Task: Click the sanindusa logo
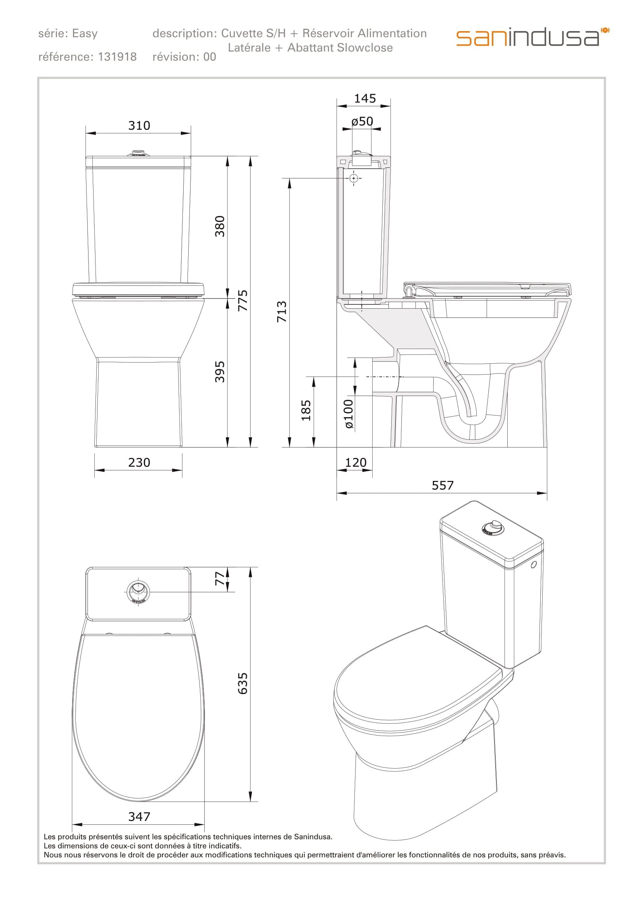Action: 532,37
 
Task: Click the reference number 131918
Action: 117,57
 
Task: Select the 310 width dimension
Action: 139,126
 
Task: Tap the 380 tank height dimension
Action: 220,226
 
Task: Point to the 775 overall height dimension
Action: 243,300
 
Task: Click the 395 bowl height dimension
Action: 220,371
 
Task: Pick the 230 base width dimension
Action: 139,462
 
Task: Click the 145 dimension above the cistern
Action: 364,98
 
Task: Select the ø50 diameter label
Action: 362,121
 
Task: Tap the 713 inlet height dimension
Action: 281,312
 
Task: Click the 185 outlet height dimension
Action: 306,410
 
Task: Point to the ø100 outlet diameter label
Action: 348,414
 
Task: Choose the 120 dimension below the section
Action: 356,462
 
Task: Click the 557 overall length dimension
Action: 442,485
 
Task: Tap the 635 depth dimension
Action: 242,683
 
